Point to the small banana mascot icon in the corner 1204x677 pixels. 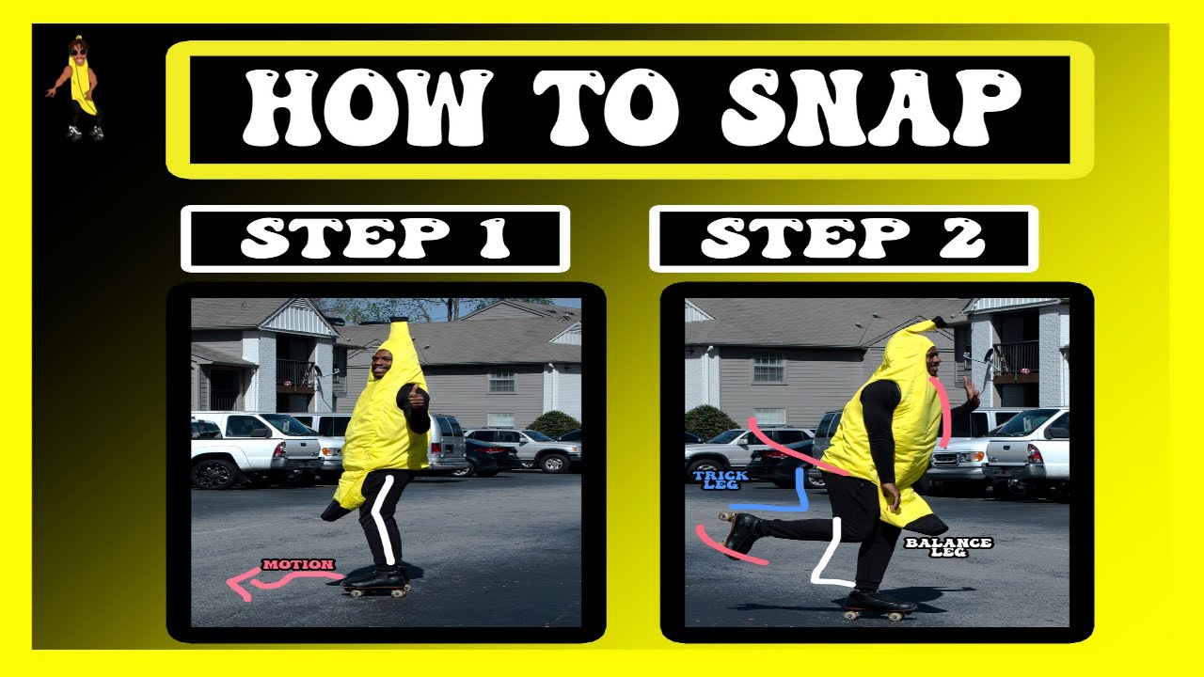(75, 90)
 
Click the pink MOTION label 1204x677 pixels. (298, 565)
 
